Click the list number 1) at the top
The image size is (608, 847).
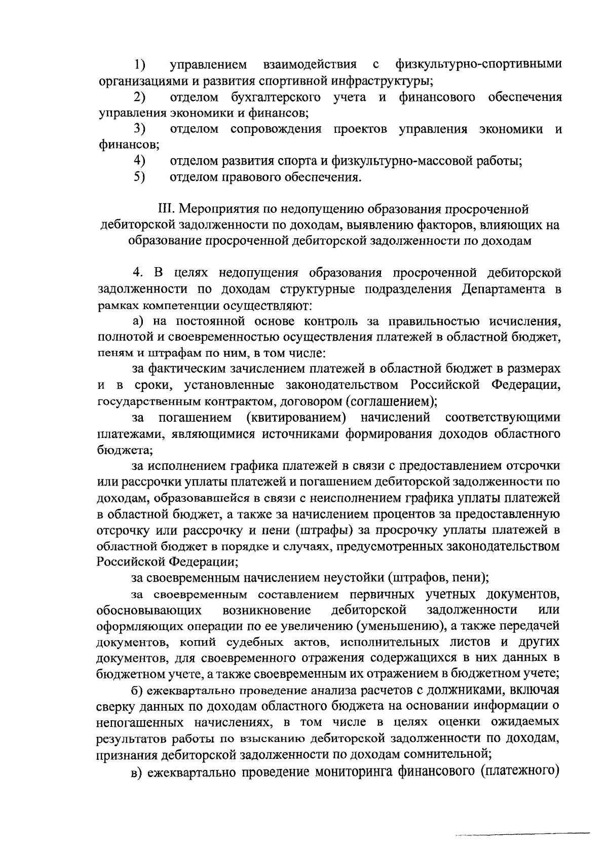[x=140, y=65]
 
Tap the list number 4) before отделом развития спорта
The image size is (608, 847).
[x=140, y=161]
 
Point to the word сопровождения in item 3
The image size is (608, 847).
[x=276, y=129]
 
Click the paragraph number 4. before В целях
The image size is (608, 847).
[x=138, y=273]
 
